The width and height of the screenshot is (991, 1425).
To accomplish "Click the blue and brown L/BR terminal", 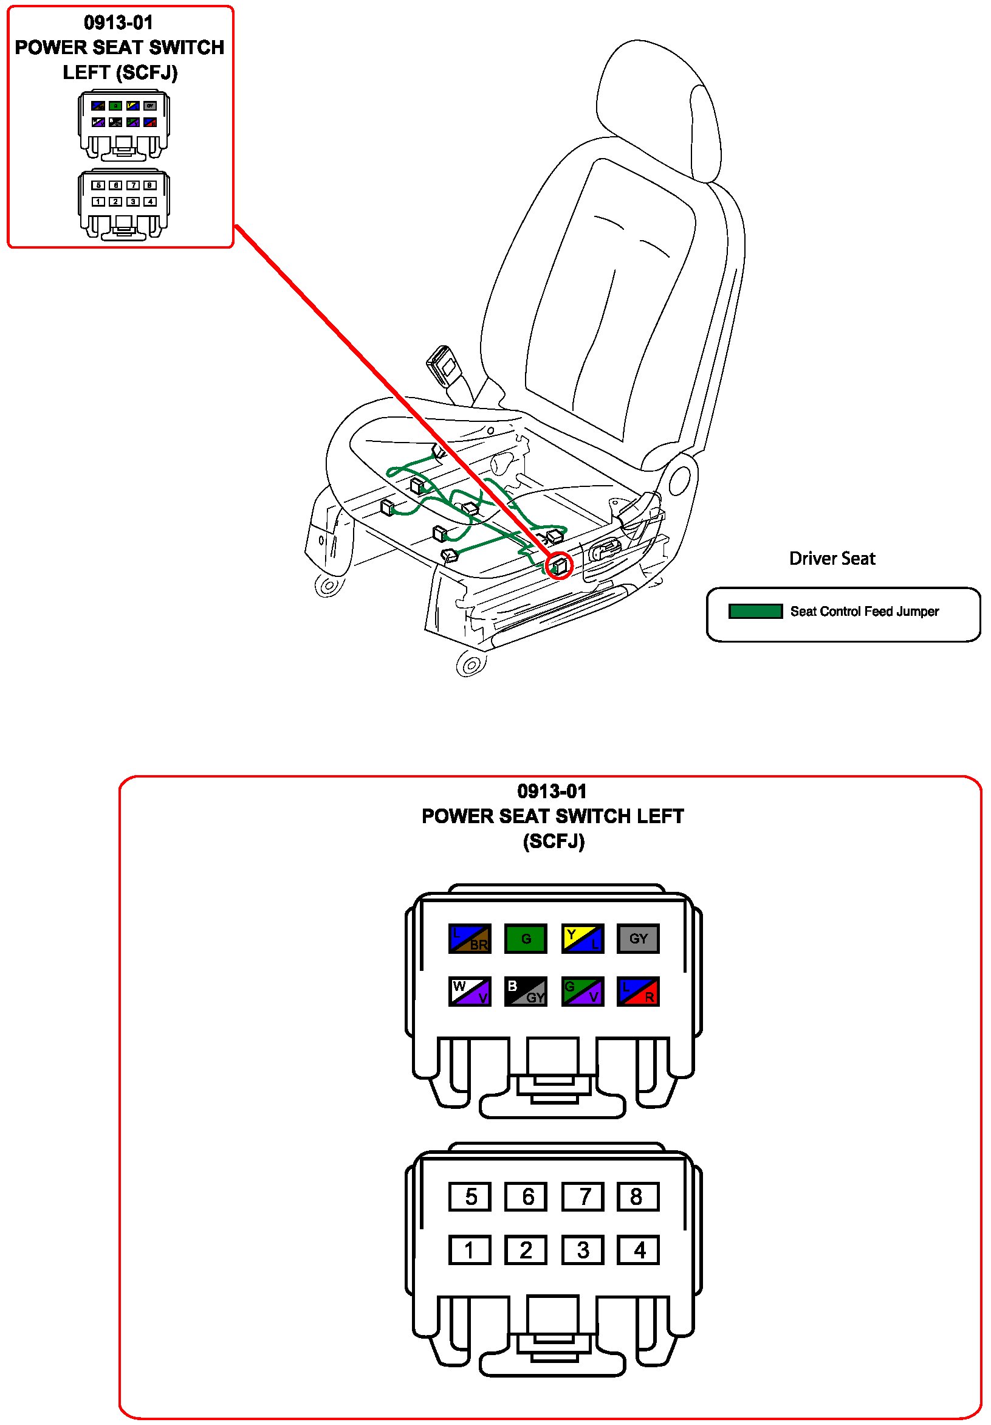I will [470, 938].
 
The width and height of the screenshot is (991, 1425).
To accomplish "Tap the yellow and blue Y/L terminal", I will [582, 938].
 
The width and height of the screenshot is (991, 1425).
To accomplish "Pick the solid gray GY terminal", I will [637, 938].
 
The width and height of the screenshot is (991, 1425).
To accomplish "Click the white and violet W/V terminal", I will [470, 991].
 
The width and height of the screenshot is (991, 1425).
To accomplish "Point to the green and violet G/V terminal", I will [582, 991].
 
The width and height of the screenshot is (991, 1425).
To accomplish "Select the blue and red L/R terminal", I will [637, 991].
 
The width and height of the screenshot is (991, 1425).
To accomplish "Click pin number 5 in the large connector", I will [470, 1196].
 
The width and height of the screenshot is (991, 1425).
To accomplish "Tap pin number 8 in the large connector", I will [637, 1196].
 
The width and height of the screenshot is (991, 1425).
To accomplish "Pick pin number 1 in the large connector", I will [470, 1249].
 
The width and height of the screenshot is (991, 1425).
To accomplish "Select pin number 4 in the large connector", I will [637, 1249].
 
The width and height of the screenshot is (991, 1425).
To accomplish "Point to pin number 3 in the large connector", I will [582, 1249].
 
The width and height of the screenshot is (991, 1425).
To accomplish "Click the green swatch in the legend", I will [755, 612].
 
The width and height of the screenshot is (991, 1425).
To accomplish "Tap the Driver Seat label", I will [832, 559].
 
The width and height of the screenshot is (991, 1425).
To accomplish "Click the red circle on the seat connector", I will [560, 565].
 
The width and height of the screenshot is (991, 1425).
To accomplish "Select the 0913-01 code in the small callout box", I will [118, 23].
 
